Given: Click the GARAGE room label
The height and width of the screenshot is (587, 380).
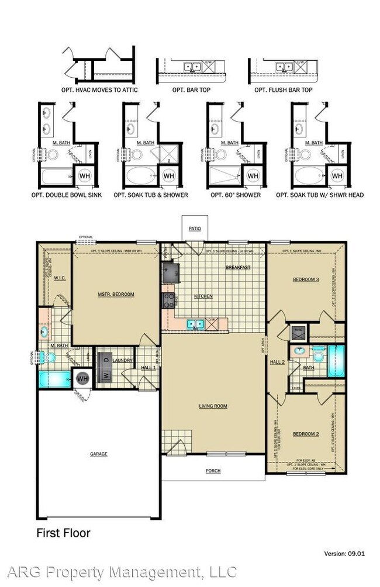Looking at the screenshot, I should coord(99,453).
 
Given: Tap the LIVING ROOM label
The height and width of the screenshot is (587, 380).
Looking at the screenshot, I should coord(213,406).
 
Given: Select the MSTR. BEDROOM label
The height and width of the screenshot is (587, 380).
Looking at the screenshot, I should coord(117,294).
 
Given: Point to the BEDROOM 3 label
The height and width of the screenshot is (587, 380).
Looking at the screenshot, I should coord(306,279).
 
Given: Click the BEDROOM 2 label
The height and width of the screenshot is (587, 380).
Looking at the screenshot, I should coord(306,433).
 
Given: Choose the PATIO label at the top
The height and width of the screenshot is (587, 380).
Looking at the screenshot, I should coord(194,229).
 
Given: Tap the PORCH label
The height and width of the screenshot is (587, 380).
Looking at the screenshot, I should coord(213,471).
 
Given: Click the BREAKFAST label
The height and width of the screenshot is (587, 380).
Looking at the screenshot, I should coord(238,267).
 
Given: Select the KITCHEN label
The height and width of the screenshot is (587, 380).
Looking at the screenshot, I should coord(204,296).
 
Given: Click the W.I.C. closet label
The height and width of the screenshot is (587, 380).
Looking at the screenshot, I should coord(59,278).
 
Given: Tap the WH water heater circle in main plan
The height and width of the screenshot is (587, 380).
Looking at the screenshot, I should coord(82,379).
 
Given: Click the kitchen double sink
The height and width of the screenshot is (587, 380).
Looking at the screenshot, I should coord(195,323).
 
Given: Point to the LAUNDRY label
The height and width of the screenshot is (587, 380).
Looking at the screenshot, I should coord(123,361).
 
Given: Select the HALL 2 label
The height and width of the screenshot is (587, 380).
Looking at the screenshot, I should coord(277,362).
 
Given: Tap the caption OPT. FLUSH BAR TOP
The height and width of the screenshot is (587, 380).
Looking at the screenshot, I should coord(283,91).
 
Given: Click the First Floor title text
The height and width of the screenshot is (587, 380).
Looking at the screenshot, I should coord(63,533).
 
